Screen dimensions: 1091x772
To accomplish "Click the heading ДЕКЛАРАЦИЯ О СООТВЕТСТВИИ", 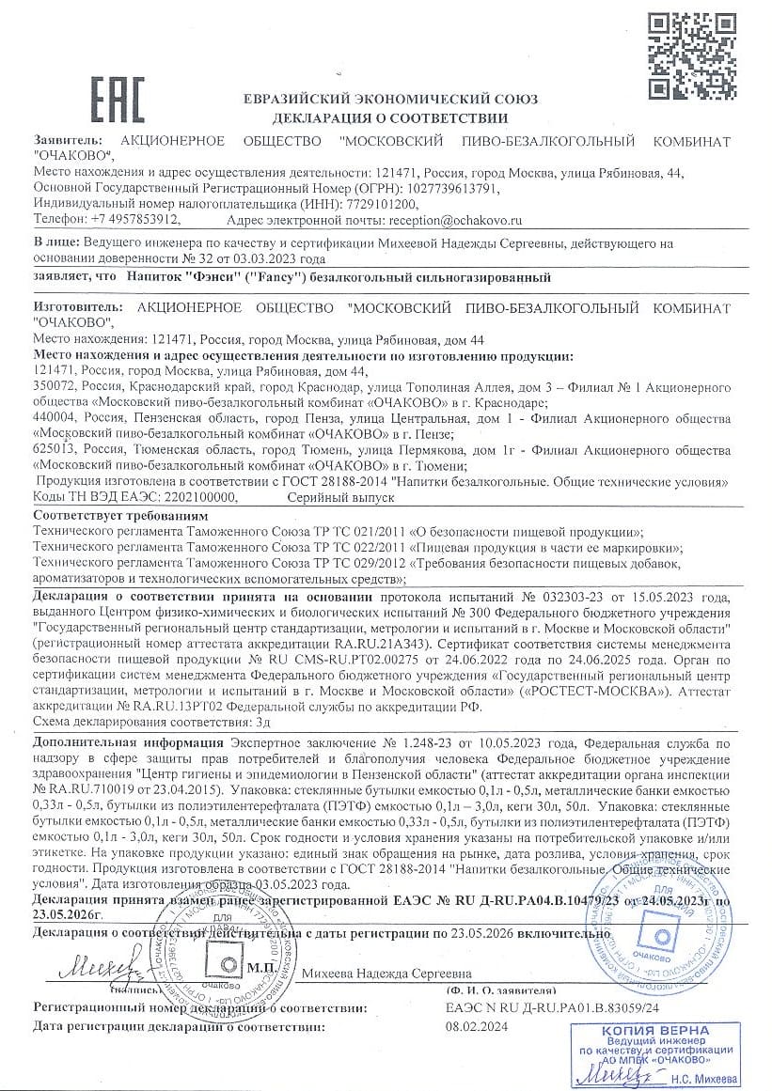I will point(389,118).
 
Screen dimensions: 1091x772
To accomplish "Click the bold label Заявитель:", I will point(65,141).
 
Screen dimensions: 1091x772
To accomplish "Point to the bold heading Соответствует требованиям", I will point(120,516).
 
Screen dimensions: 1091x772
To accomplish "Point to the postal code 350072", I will point(55,388).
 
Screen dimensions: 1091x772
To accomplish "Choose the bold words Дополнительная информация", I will point(111,741).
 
